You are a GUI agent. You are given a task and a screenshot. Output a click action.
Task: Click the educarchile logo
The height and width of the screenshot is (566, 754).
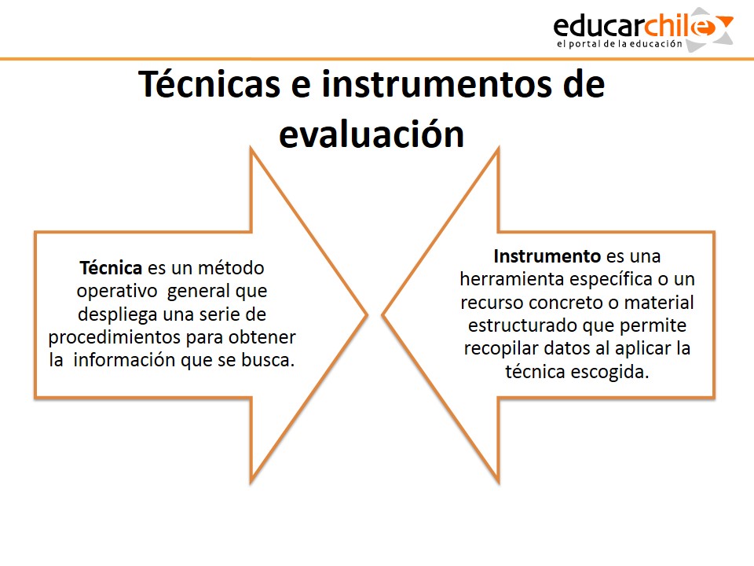pyautogui.click(x=643, y=29)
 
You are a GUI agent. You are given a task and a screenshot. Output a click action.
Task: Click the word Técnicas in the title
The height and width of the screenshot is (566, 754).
pyautogui.click(x=209, y=84)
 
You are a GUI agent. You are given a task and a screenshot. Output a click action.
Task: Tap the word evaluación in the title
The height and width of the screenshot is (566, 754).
pyautogui.click(x=372, y=134)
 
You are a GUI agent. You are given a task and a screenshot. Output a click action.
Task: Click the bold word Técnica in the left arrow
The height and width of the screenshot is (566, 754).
pyautogui.click(x=111, y=267)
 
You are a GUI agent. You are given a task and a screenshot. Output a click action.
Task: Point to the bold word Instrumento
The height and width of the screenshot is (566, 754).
pyautogui.click(x=547, y=256)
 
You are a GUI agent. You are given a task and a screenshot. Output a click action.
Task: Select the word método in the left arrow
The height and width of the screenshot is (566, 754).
pyautogui.click(x=231, y=267)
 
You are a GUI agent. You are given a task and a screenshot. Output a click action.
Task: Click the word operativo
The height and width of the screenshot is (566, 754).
pyautogui.click(x=117, y=291)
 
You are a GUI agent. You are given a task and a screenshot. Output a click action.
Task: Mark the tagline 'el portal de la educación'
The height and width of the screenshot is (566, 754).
pyautogui.click(x=620, y=44)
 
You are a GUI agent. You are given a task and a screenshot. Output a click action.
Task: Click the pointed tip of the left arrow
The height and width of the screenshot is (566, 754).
pyautogui.click(x=368, y=315)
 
